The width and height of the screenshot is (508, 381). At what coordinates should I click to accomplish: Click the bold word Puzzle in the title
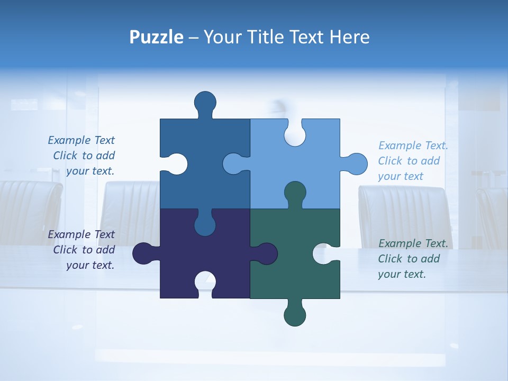tap(156, 37)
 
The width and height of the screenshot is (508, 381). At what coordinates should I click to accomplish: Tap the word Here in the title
tap(349, 37)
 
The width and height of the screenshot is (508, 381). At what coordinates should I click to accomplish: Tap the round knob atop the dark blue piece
tap(205, 102)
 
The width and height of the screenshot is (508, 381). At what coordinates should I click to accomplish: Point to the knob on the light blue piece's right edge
tap(357, 164)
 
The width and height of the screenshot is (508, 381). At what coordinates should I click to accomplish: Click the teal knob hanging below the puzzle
tap(295, 315)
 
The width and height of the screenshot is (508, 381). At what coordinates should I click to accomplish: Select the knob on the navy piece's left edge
tap(142, 253)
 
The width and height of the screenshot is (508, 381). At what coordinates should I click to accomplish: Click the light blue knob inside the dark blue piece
tap(233, 164)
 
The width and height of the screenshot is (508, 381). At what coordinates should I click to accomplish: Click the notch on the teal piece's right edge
tap(323, 253)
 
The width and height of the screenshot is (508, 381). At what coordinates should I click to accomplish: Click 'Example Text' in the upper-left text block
tap(81, 140)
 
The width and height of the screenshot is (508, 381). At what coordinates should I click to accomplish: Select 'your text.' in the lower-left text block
tap(90, 265)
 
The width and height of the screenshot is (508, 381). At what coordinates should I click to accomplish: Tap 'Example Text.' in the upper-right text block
tap(413, 146)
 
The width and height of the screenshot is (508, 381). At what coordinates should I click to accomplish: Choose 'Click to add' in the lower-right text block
tap(409, 259)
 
